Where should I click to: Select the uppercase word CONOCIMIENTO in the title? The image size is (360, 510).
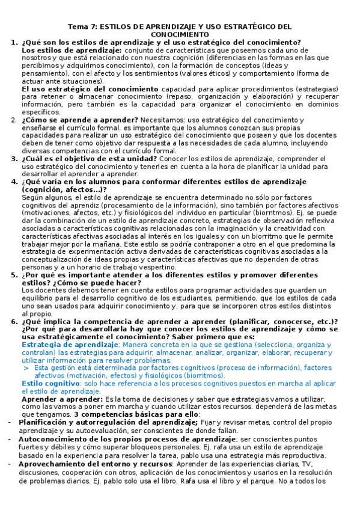[x=180, y=35]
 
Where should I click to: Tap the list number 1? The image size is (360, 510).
[x=14, y=43]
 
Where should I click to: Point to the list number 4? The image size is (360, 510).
[x=14, y=181]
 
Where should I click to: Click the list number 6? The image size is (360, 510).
[x=14, y=321]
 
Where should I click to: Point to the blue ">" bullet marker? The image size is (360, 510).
[x=26, y=367]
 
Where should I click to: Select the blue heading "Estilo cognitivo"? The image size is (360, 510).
[x=50, y=383]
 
